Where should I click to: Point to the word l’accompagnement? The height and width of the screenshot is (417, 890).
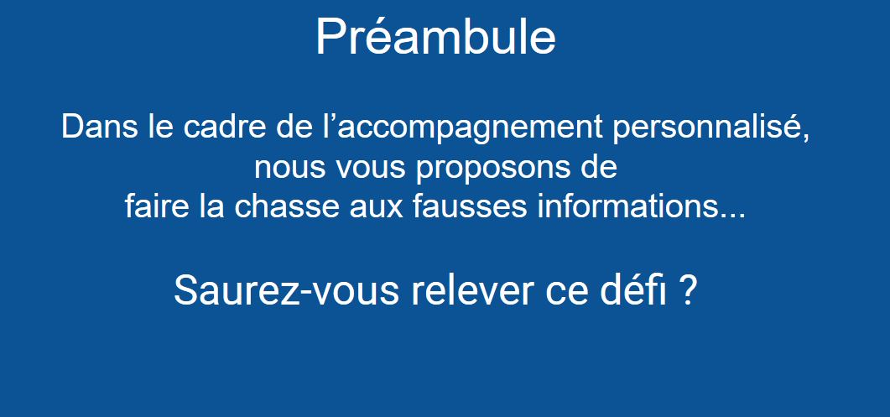pyautogui.click(x=458, y=129)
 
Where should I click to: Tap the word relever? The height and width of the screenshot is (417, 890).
pyautogui.click(x=472, y=291)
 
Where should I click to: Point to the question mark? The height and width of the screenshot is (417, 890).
pyautogui.click(x=687, y=291)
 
